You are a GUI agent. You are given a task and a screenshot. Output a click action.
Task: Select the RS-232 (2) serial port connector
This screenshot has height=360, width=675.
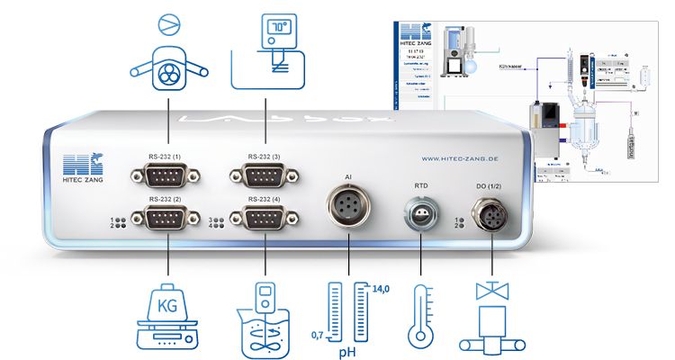(169, 218)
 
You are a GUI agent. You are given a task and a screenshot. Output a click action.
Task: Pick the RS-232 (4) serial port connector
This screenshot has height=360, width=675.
(266, 218)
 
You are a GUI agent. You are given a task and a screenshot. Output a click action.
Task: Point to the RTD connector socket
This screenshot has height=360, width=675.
(419, 216)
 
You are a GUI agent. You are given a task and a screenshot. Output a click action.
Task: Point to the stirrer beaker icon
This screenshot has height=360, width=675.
(266, 322)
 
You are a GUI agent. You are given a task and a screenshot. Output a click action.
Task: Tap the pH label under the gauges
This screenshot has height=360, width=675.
(348, 351)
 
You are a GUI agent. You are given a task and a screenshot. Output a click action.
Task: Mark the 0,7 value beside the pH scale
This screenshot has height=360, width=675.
(317, 335)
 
